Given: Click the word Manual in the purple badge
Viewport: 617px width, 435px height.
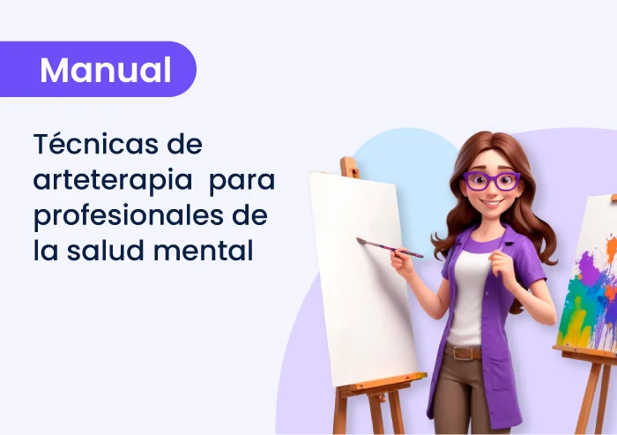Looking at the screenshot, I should coord(106,70).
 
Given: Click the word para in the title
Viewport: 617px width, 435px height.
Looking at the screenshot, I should coord(244,180).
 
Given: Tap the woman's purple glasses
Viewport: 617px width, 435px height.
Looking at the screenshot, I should coord(492,181).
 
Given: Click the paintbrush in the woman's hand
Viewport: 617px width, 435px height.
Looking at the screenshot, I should coord(388,247).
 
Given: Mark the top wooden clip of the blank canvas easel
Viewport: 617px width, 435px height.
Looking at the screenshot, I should coord(350,167).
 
